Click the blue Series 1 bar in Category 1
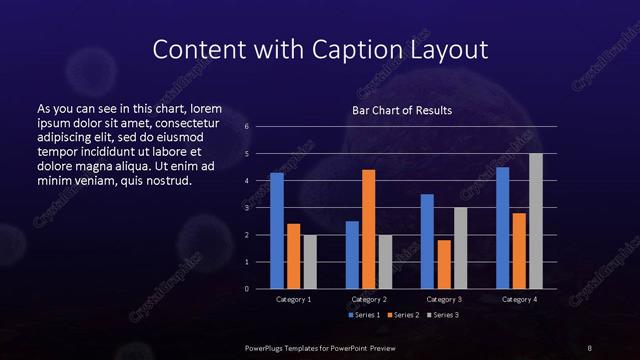coord(277,231)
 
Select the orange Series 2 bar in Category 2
coord(368,229)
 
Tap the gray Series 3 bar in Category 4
coord(535,221)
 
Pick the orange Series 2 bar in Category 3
coord(443,264)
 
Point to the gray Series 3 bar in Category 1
coord(309,262)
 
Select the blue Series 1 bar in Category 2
coord(352,255)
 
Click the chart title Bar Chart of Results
coord(402,110)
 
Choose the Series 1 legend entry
coord(362,314)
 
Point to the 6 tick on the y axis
coord(246,127)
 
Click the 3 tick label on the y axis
coord(246,208)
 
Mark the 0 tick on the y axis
coord(246,289)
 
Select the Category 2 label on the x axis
coord(368,299)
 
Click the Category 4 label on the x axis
coord(518,299)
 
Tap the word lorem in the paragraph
coord(206,108)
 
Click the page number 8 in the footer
coord(589,346)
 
